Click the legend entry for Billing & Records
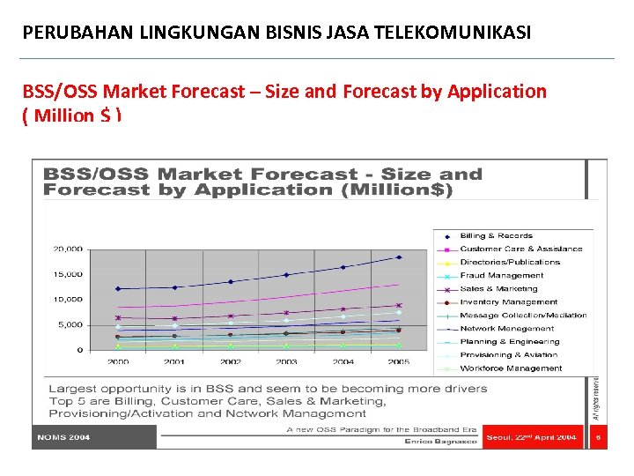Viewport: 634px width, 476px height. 496,236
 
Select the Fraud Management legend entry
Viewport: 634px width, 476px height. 502,276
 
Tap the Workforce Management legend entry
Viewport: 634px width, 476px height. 511,368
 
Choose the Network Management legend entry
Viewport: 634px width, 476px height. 507,329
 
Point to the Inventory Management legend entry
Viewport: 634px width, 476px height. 509,302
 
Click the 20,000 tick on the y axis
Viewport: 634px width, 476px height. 68,249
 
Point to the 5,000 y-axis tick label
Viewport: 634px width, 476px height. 70,325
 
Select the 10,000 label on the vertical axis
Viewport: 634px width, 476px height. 68,300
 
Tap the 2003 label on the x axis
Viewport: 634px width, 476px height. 286,361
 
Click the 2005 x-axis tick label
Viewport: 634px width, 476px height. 399,361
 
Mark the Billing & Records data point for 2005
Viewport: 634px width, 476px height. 399,257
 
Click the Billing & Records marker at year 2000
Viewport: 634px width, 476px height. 118,288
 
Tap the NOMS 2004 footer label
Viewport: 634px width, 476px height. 63,437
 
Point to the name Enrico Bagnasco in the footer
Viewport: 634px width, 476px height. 440,441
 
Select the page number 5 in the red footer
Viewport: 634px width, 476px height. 598,437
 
